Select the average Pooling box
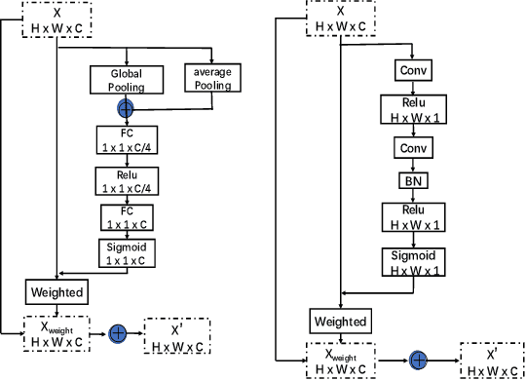coord(211,79)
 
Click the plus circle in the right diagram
coord(419,360)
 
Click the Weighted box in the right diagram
coord(339,321)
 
